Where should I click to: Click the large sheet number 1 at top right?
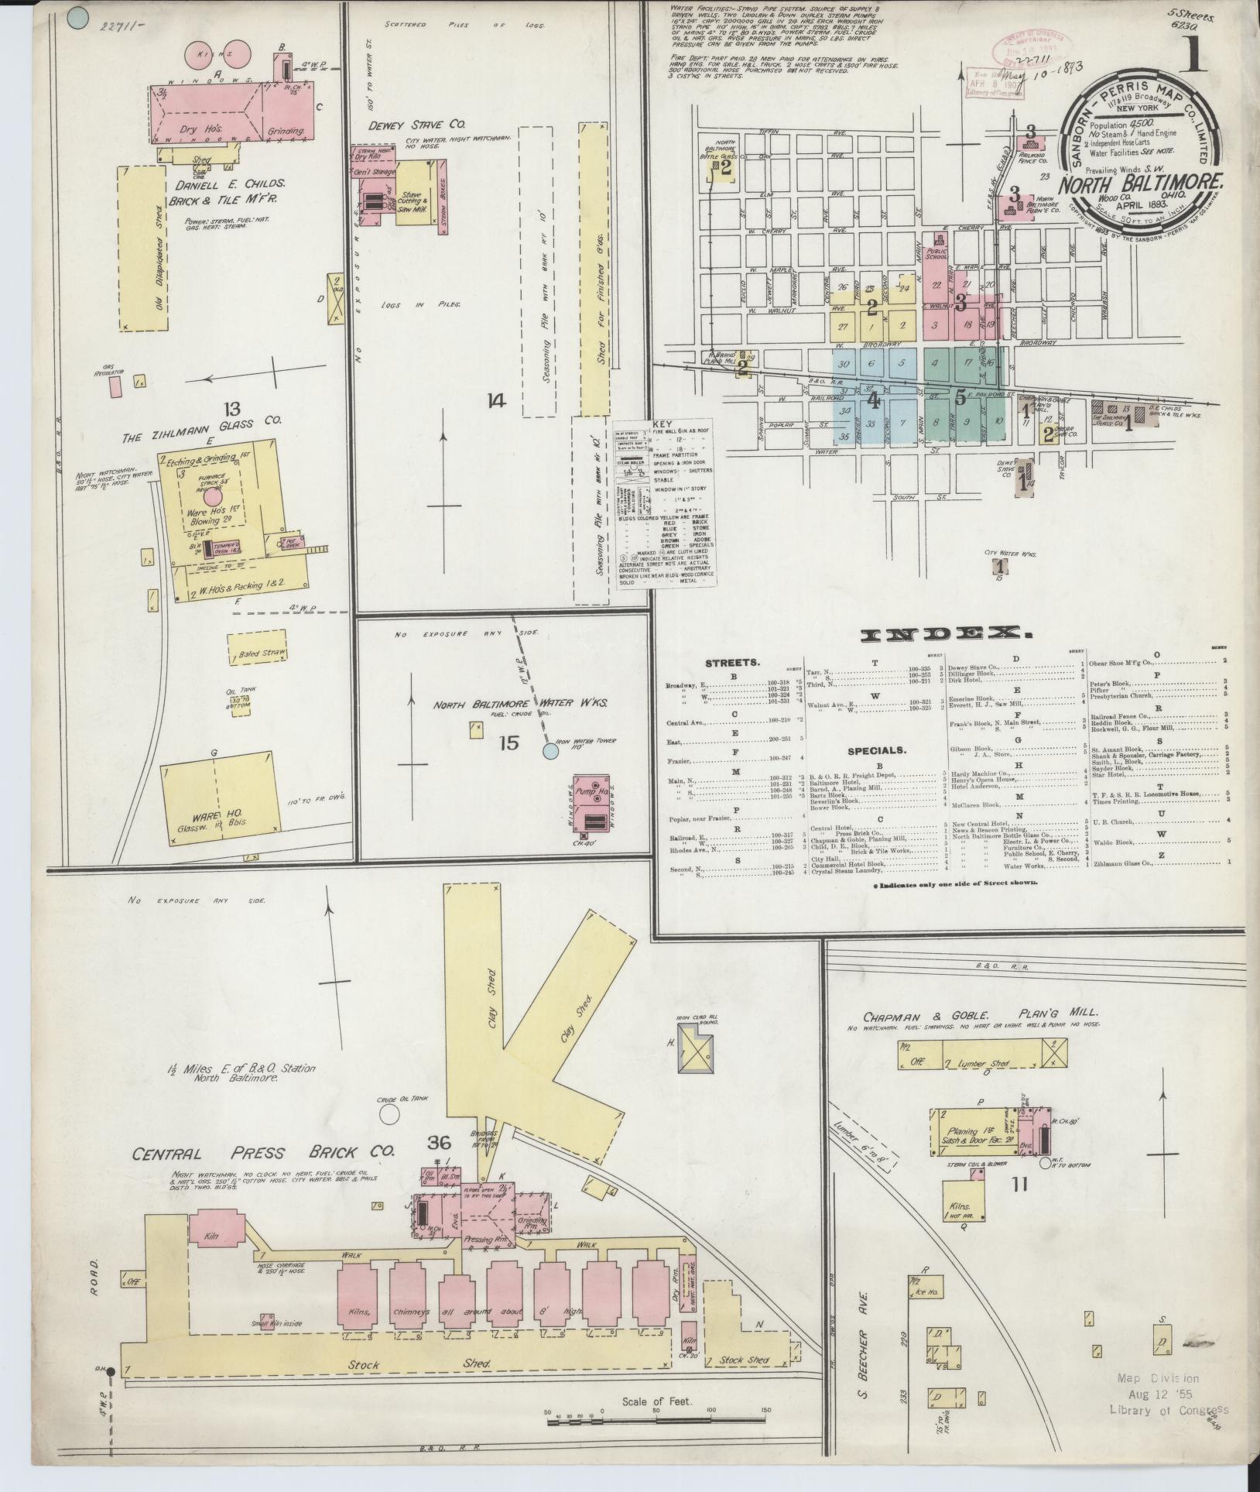tap(1192, 54)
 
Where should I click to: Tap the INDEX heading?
tap(945, 634)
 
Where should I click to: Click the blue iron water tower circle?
tap(550, 750)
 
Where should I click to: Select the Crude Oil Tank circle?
tap(390, 1113)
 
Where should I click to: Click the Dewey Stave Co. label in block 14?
tap(415, 124)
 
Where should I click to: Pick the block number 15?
tap(508, 743)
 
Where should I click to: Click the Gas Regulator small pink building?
tap(115, 385)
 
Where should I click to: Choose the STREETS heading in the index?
tap(732, 664)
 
